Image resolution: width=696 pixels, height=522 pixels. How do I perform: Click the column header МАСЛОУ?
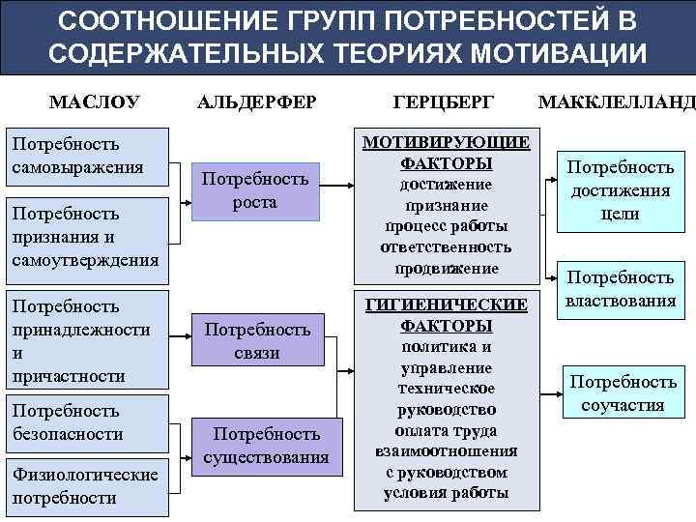click(95, 101)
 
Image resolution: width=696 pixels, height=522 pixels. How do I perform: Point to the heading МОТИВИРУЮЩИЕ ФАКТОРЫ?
click(446, 153)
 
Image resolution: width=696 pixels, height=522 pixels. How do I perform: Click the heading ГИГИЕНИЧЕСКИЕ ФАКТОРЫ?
click(446, 315)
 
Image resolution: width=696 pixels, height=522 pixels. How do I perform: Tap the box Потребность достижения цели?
click(620, 190)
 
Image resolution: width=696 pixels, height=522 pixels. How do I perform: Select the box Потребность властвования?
click(620, 289)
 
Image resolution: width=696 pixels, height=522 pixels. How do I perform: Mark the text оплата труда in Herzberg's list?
click(446, 430)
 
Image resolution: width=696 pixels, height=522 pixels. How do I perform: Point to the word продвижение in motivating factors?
click(446, 267)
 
